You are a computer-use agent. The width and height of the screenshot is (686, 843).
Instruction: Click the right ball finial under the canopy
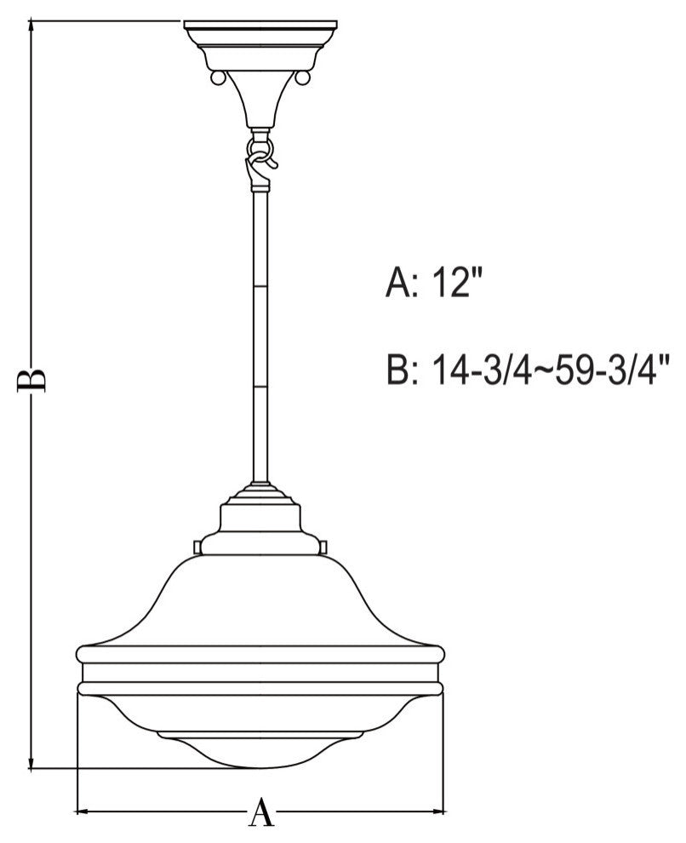(303, 78)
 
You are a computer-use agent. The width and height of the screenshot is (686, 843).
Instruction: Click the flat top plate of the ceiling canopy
(260, 26)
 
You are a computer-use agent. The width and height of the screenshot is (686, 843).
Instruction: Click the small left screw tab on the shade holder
(197, 544)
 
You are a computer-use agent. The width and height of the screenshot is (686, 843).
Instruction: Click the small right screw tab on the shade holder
(325, 544)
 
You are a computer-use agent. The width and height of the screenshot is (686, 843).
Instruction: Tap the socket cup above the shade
(260, 519)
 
